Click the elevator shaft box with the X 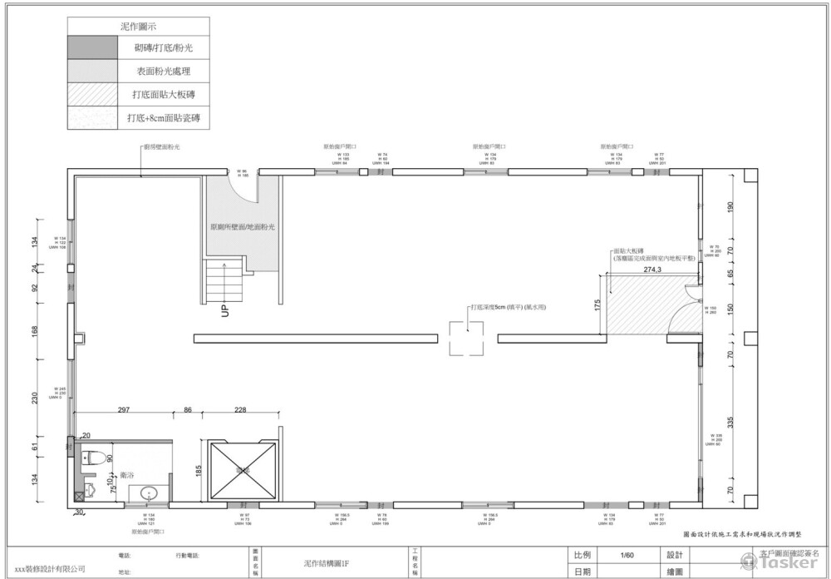[242, 471]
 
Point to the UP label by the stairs [224, 312]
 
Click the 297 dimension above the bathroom [123, 409]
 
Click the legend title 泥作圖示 [138, 27]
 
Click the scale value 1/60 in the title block [627, 555]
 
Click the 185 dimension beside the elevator [198, 470]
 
